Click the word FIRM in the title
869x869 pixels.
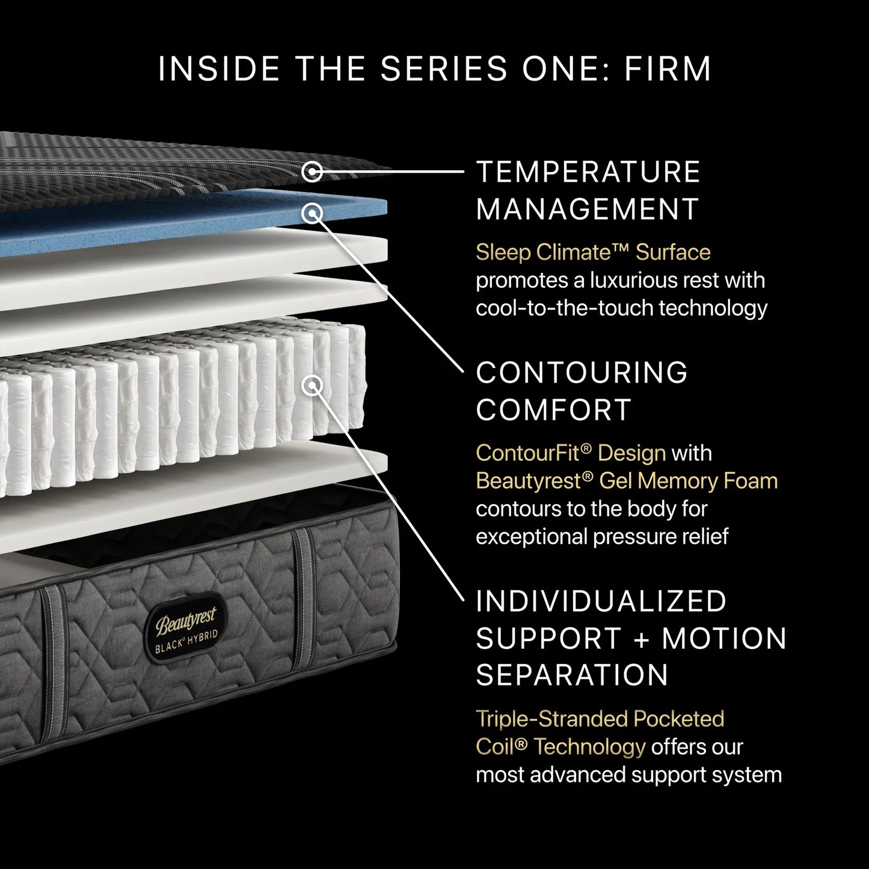tap(668, 69)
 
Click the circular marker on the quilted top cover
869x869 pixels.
tap(312, 171)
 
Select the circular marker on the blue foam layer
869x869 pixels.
tap(312, 213)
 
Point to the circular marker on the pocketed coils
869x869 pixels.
tap(312, 385)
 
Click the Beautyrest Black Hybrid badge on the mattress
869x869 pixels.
tap(186, 628)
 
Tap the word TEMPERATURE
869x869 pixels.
tap(588, 172)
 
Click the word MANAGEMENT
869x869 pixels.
tap(587, 209)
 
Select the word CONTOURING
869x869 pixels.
tap(582, 373)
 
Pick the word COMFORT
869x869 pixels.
tap(554, 410)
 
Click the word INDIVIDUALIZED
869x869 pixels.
tap(601, 601)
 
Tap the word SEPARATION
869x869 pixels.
tap(572, 675)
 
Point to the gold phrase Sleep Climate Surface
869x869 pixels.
tap(593, 253)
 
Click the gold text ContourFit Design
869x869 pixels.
tap(571, 453)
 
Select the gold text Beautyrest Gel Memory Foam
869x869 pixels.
tap(627, 481)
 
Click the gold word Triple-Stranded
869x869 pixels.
tap(551, 719)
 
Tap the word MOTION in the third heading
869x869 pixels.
tap(724, 639)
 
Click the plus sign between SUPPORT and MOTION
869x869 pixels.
tap(642, 639)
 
